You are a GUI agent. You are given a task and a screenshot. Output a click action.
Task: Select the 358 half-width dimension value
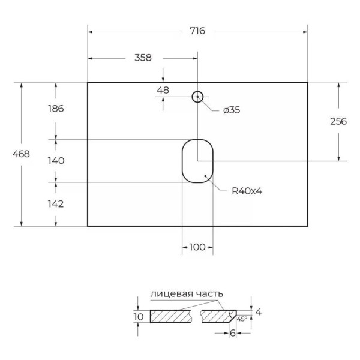point(142,58)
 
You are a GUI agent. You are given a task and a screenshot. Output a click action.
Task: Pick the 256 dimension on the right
point(338,121)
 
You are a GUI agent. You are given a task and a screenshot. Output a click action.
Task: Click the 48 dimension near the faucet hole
point(163,90)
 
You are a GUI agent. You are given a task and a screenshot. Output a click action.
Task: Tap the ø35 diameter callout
point(231,110)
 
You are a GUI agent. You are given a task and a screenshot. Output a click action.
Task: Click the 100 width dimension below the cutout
point(197,247)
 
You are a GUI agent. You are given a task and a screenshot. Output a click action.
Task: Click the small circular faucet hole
point(197,96)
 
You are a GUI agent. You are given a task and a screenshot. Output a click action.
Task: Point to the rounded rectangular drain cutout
point(197,161)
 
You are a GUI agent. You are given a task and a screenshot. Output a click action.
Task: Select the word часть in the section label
point(209,293)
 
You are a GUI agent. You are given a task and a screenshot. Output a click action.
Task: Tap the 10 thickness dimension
point(139,316)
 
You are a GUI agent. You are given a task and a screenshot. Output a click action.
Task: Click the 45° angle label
point(242,319)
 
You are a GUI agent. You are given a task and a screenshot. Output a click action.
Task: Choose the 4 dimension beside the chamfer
point(258,311)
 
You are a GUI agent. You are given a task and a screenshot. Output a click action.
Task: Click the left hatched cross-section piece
point(171,316)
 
